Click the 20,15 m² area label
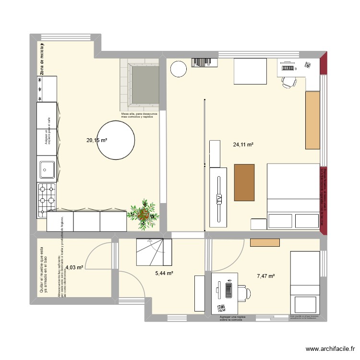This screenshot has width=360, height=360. [x=96, y=140]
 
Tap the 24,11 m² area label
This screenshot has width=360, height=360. [x=243, y=144]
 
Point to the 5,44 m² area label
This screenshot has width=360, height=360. [x=164, y=273]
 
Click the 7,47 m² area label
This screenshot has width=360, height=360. [x=265, y=276]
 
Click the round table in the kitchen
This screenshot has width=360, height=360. [x=115, y=140]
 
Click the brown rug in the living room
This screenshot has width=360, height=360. [x=244, y=182]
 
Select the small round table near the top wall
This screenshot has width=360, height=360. [x=178, y=69]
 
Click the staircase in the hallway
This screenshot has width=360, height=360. [x=154, y=252]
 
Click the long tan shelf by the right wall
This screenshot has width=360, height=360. [x=312, y=120]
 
